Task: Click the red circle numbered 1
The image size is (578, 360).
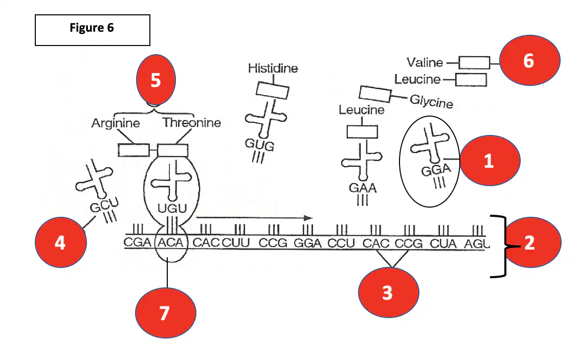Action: coord(490,160)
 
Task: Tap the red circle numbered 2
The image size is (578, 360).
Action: coord(533,242)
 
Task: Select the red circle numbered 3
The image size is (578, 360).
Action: coord(389,292)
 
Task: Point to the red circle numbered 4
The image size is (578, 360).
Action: coord(61,242)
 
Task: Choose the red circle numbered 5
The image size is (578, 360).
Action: coord(156,80)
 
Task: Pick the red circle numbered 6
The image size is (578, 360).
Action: coord(530,60)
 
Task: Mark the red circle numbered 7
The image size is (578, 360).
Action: coord(166,312)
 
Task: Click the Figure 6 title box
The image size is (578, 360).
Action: coord(93,30)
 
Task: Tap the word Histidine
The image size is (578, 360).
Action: coord(273,68)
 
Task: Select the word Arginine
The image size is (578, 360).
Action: coord(116,123)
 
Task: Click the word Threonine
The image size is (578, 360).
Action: coord(192,122)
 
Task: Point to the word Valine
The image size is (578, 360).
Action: coord(425,62)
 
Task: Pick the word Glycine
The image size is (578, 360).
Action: coord(431,102)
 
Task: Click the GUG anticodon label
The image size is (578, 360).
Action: coord(259,144)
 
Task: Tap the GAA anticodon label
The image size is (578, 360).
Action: coord(363,188)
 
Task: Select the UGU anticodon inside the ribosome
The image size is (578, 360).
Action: coord(172,209)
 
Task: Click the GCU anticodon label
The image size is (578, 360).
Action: coord(104,205)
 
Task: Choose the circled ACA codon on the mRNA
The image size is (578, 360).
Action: coord(171,242)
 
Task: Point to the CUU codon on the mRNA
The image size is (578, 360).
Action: coord(236,242)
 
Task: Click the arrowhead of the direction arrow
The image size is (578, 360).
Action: coord(308,218)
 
